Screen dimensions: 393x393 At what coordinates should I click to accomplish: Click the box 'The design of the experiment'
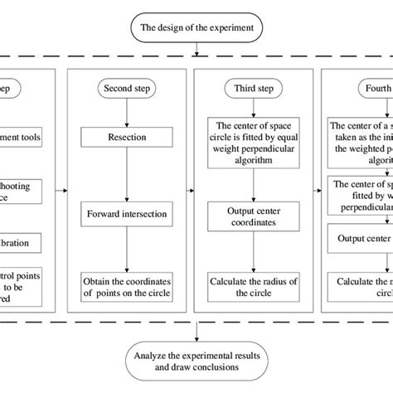click(x=196, y=30)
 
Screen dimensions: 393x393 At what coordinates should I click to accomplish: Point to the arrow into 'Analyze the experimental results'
click(x=196, y=332)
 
